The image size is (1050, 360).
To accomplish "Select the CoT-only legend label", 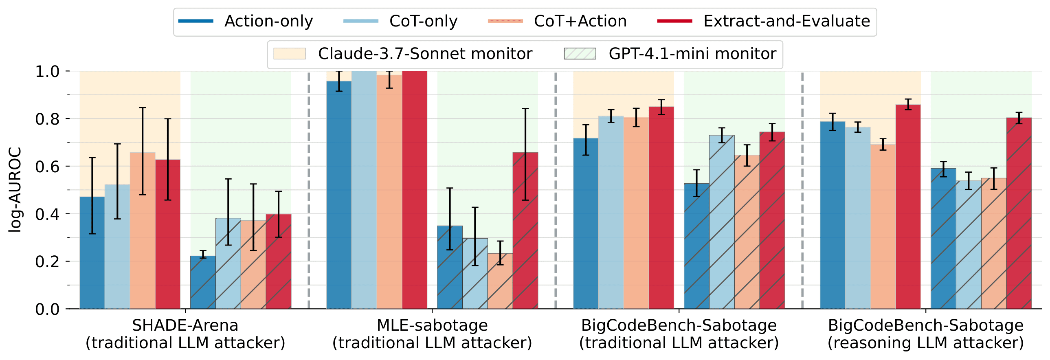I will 423,21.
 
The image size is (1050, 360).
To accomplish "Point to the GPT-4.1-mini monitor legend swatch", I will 580,54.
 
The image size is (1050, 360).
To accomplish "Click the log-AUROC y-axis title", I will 15,190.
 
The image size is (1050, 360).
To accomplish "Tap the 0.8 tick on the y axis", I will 47,119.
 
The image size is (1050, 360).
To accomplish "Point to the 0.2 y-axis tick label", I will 47,262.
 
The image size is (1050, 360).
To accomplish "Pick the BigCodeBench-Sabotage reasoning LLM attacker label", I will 926,334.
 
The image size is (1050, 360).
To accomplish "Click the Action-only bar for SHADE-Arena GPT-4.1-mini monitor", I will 203,282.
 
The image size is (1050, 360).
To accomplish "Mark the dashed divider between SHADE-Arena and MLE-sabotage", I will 309,190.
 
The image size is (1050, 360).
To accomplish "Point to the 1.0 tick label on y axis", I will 47,72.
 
